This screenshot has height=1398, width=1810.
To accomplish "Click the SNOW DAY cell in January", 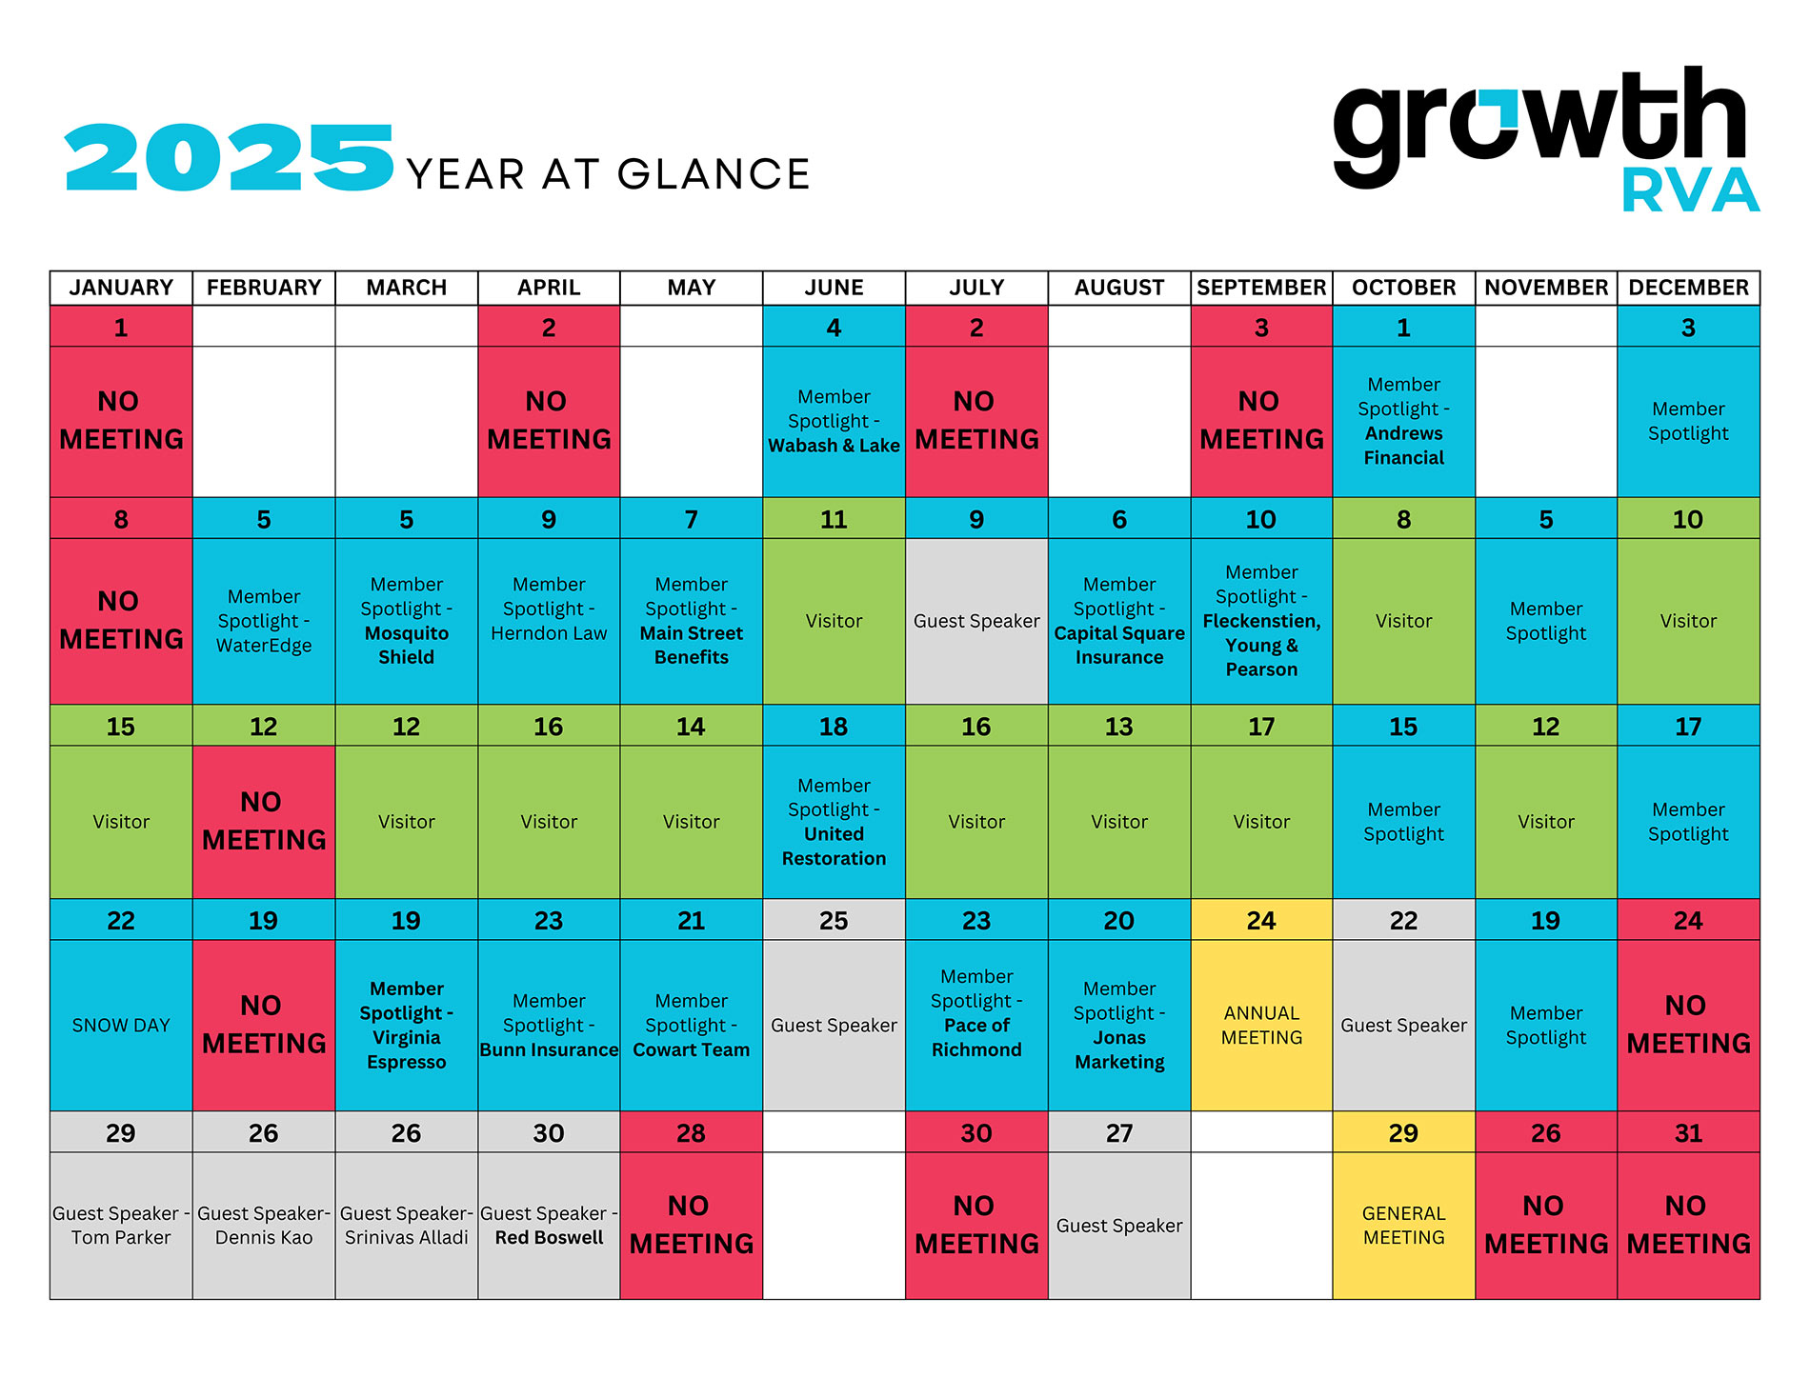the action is (x=121, y=1025).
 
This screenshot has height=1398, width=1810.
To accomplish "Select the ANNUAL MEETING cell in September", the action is (x=1261, y=1025).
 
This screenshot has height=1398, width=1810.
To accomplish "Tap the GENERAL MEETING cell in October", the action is (x=1403, y=1225).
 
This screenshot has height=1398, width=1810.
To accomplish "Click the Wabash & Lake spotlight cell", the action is (x=834, y=421).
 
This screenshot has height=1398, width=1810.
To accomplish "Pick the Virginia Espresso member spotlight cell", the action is (x=407, y=1025).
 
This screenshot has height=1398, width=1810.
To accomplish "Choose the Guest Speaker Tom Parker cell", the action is (x=121, y=1225).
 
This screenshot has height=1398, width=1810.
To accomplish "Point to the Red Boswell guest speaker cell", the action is (x=549, y=1225).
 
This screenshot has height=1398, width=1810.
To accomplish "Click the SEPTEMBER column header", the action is (x=1261, y=288).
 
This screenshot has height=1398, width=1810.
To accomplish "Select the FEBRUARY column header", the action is (x=264, y=288).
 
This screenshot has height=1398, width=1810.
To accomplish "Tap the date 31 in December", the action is (x=1688, y=1133).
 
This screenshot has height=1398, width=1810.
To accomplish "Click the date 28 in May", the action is (x=691, y=1133).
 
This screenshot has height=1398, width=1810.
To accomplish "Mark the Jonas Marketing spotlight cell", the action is (x=1119, y=1025).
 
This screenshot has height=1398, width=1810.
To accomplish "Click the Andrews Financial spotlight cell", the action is (x=1403, y=421).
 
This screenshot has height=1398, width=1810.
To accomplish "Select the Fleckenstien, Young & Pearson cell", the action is (x=1261, y=621).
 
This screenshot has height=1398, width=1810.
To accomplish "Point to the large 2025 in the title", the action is (x=229, y=158).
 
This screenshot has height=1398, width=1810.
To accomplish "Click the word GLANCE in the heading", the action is (x=714, y=174).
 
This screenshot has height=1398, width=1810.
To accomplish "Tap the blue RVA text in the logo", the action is (x=1690, y=190).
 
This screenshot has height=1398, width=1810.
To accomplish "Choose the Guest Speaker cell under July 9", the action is (x=976, y=621).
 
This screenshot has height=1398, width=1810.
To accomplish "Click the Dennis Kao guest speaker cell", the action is (x=264, y=1225).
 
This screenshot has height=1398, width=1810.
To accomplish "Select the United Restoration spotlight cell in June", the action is (x=834, y=821).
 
